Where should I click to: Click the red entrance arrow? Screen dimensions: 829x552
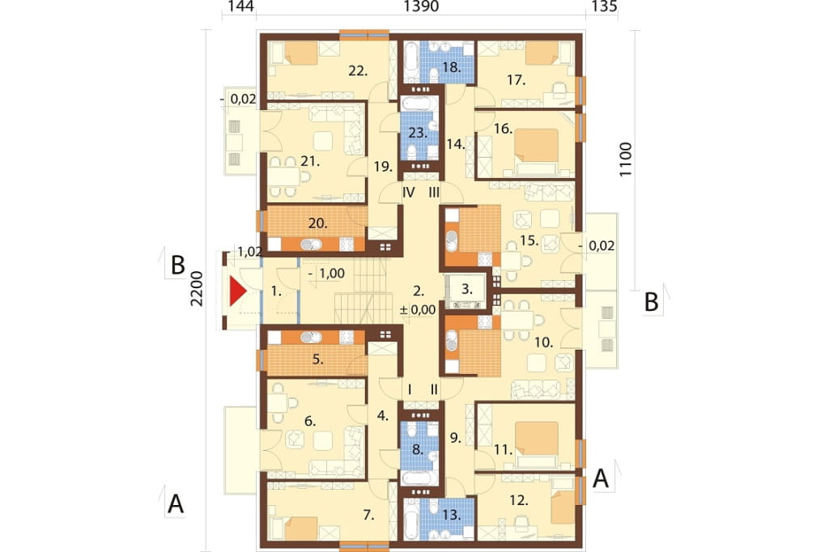pyautogui.click(x=238, y=292)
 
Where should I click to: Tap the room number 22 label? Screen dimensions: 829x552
pyautogui.click(x=358, y=70)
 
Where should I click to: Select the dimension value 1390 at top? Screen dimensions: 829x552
pyautogui.click(x=421, y=6)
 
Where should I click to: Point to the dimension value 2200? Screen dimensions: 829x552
pyautogui.click(x=196, y=288)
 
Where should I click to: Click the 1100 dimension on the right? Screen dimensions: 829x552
pyautogui.click(x=626, y=159)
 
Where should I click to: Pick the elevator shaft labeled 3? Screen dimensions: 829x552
pyautogui.click(x=466, y=290)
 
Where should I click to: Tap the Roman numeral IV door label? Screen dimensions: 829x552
pyautogui.click(x=409, y=193)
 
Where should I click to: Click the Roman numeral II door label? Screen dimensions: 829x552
pyautogui.click(x=434, y=390)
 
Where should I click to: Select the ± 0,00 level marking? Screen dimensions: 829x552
pyautogui.click(x=418, y=310)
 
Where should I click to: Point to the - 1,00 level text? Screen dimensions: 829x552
pyautogui.click(x=326, y=274)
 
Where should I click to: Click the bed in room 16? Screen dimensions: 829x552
pyautogui.click(x=537, y=145)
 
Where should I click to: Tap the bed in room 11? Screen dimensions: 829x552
pyautogui.click(x=537, y=439)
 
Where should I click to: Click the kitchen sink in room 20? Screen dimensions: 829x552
pyautogui.click(x=311, y=244)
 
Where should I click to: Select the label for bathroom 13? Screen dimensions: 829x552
pyautogui.click(x=452, y=515)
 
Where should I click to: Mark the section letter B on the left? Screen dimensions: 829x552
pyautogui.click(x=177, y=265)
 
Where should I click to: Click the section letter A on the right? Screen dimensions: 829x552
pyautogui.click(x=600, y=478)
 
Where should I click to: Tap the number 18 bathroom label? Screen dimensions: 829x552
pyautogui.click(x=452, y=67)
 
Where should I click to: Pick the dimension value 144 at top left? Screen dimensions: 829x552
pyautogui.click(x=240, y=6)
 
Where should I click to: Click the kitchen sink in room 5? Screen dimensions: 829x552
pyautogui.click(x=311, y=337)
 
